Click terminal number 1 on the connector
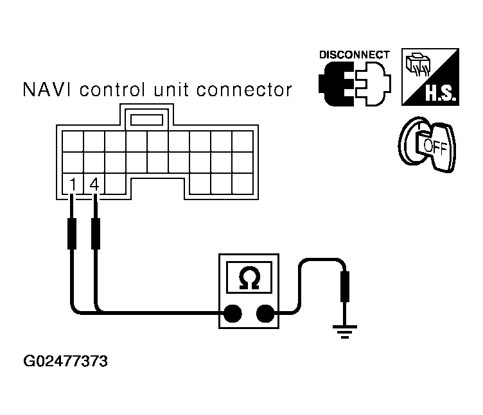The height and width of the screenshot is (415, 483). coord(73,185)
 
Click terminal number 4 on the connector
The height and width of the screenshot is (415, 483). coord(94,185)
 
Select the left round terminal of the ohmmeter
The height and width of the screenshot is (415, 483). coord(232,313)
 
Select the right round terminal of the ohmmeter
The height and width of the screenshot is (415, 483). coord(264,313)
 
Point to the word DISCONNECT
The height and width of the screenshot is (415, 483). coord(354,55)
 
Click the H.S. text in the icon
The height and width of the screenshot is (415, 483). coord(441,97)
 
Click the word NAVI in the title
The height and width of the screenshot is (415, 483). coord(44,90)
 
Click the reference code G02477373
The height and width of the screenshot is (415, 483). coord(66,362)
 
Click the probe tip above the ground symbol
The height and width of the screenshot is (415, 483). coord(345,285)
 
